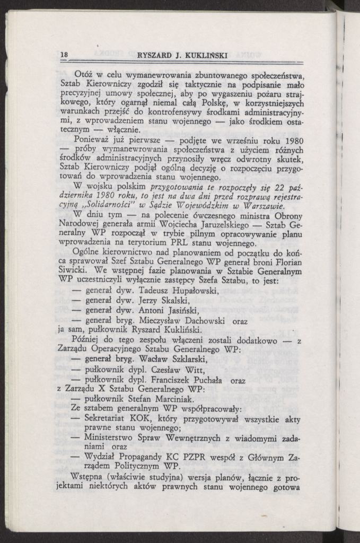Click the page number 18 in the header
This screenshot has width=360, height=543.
(x=64, y=55)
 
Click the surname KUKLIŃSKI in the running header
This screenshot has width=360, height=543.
(x=204, y=55)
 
